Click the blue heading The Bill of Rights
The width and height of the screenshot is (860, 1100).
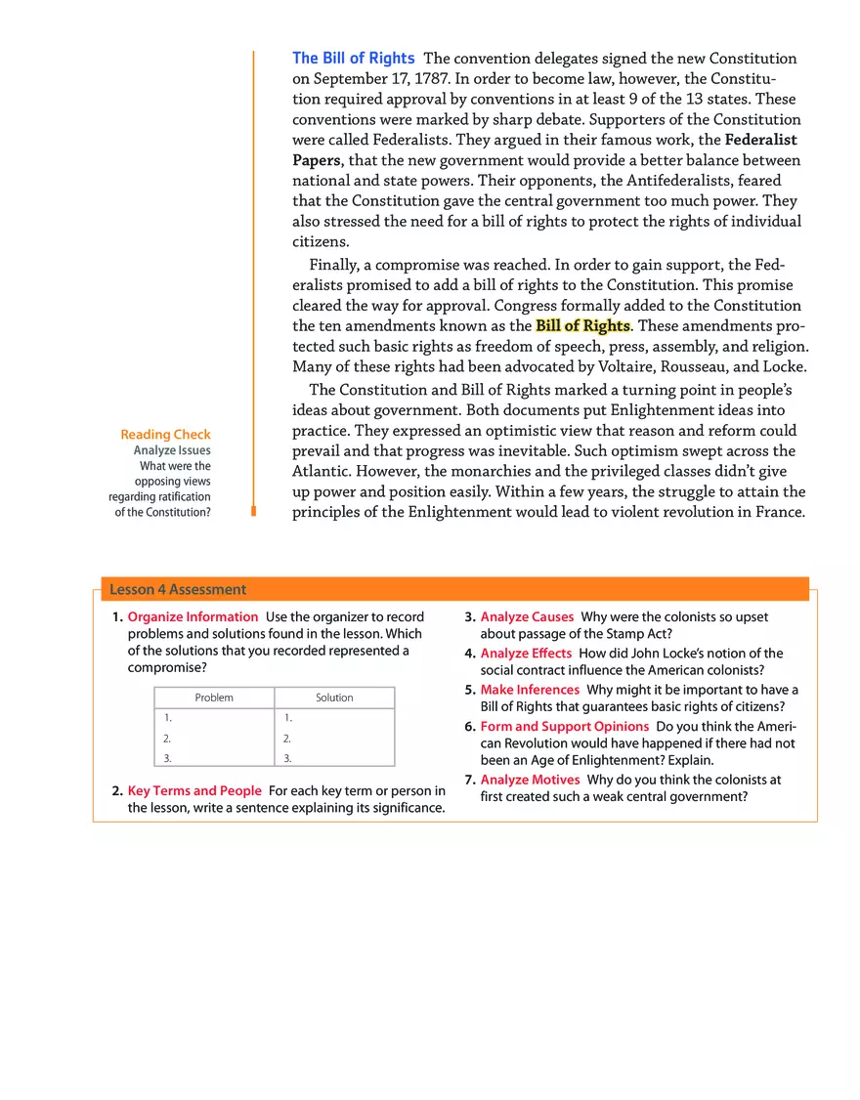[354, 59]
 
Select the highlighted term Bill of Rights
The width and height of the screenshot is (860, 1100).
[582, 325]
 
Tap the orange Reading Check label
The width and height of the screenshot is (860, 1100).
[165, 435]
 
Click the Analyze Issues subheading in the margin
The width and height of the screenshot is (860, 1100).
[172, 450]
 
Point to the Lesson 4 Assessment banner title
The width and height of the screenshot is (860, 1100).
[178, 589]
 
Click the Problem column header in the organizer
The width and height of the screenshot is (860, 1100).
[214, 698]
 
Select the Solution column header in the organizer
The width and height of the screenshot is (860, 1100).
[334, 698]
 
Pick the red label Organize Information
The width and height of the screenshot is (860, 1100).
[193, 617]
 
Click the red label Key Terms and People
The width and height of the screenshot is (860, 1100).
[194, 790]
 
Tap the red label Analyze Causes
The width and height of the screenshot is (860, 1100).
[527, 617]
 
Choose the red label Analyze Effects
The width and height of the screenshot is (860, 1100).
[526, 654]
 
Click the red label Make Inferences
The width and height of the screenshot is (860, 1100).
[530, 690]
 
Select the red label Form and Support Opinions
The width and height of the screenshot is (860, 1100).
[564, 726]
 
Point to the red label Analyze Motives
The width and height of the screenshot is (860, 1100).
[530, 780]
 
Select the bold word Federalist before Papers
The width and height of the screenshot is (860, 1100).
[761, 140]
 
